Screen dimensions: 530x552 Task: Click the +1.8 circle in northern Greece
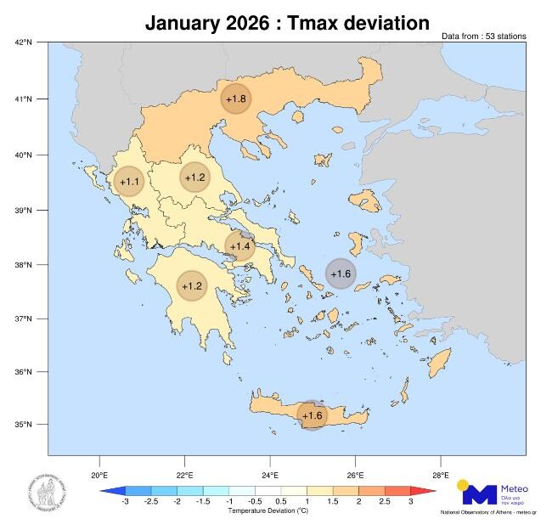[236, 99]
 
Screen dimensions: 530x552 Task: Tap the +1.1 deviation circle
[129, 182]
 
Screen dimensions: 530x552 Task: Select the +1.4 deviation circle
[240, 246]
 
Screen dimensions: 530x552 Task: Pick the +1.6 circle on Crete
[313, 415]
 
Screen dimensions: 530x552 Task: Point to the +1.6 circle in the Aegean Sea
[341, 273]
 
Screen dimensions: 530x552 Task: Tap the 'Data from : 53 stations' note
[484, 37]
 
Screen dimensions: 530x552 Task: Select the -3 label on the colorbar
[125, 503]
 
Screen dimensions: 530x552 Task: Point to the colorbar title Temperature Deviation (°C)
[268, 511]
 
